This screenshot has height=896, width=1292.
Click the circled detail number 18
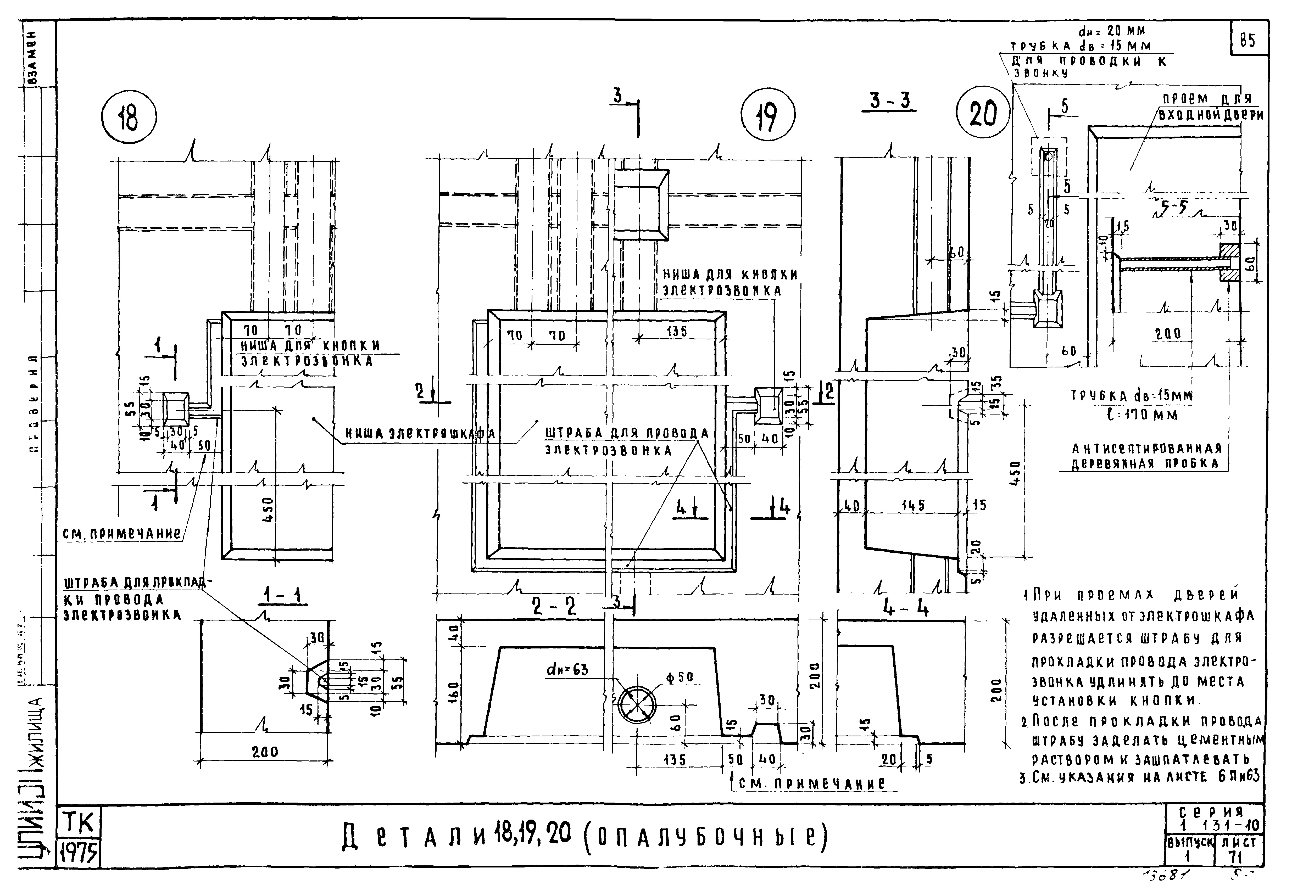pos(129,118)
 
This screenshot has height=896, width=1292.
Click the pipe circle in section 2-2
pos(637,704)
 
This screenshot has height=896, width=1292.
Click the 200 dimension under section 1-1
pos(264,752)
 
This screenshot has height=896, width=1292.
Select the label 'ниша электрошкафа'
pos(419,433)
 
